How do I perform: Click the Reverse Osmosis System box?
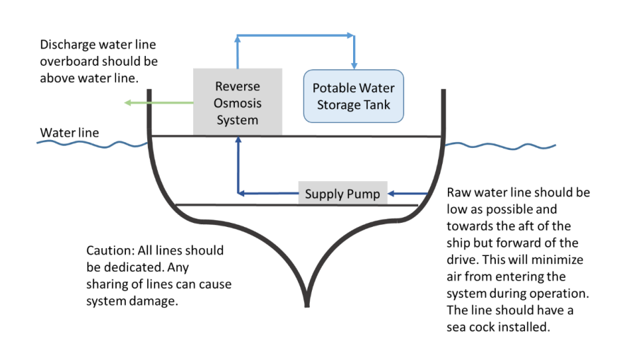(x=238, y=102)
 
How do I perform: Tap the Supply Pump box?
(x=342, y=193)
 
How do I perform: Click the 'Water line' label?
(x=69, y=132)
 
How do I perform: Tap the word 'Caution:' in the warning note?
(x=109, y=250)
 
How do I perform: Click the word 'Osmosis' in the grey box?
(x=238, y=103)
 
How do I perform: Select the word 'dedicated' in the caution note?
(x=125, y=267)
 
